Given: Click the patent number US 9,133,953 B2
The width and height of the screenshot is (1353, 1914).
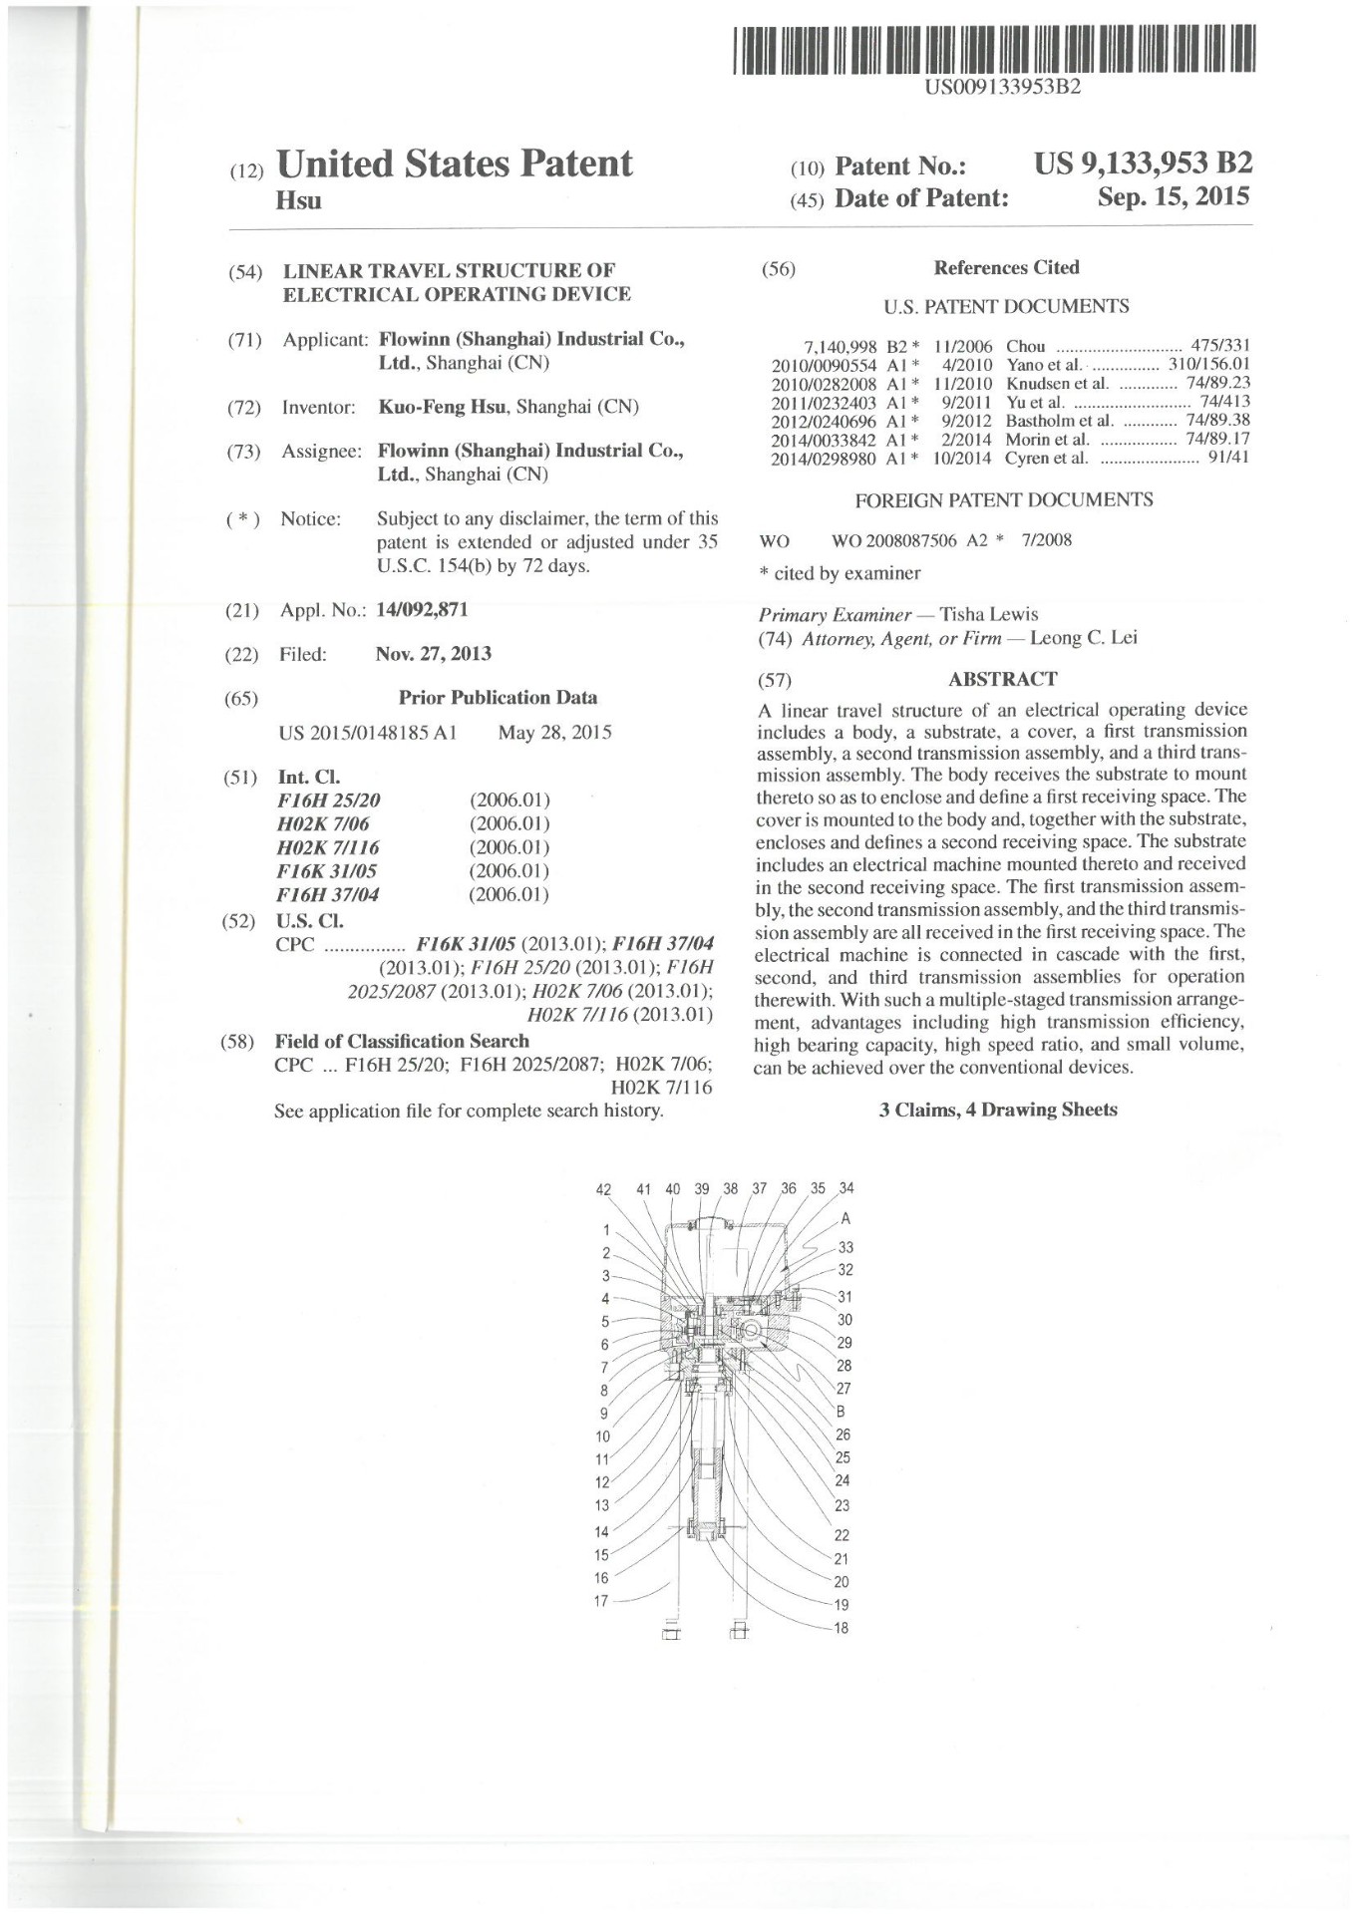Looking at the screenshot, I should click(1143, 163).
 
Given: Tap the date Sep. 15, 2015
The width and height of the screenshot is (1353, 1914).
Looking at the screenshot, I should click(1173, 197).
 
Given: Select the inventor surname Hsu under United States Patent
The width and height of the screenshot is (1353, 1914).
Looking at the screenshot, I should click(298, 201).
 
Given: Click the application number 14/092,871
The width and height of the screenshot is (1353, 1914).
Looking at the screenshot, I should click(422, 609).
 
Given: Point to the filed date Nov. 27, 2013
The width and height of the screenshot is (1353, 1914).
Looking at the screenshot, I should click(434, 654).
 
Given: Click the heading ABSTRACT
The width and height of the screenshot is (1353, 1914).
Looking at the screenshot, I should click(1002, 679).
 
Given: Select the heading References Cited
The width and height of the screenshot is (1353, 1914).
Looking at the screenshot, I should click(1006, 267).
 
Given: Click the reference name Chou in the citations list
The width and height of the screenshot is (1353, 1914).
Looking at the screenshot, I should click(1026, 347).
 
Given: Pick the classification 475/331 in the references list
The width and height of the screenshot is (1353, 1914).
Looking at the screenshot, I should click(1220, 347).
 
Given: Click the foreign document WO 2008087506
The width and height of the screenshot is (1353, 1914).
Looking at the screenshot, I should click(893, 540).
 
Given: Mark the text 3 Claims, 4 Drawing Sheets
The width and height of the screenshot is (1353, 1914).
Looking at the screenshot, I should click(998, 1110).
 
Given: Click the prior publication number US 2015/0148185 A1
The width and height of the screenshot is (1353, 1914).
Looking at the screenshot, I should click(368, 733).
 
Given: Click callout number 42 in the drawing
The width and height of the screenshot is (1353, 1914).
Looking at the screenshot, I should click(603, 1188).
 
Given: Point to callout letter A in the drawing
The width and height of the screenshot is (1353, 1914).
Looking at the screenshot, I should click(846, 1218).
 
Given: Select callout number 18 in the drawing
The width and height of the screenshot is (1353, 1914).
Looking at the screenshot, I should click(842, 1628).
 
